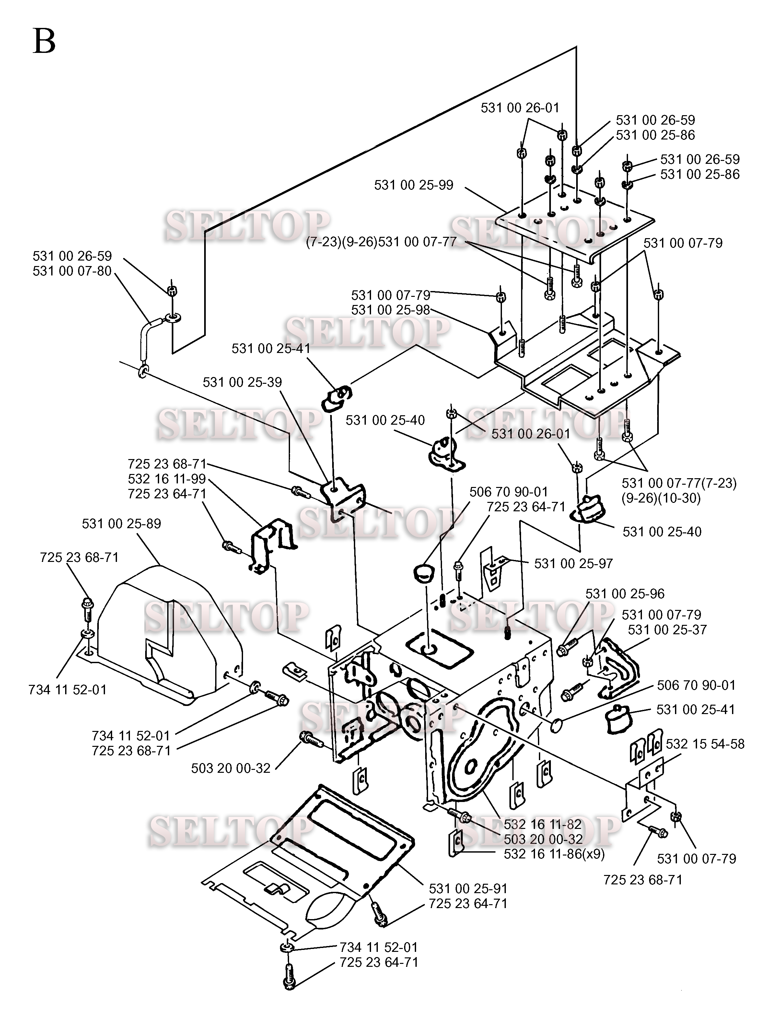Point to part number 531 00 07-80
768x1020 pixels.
72,271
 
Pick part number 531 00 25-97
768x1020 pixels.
573,564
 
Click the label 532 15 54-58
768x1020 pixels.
705,744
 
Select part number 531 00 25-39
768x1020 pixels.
242,382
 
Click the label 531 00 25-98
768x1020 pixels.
390,310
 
